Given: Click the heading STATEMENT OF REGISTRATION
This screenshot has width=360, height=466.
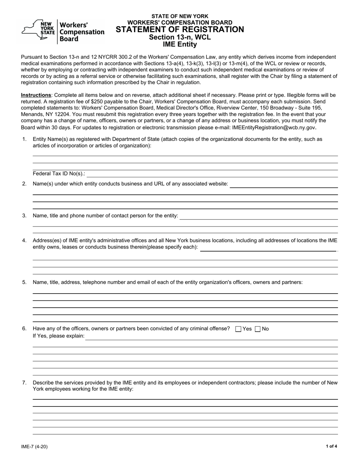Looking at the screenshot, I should pos(180,30).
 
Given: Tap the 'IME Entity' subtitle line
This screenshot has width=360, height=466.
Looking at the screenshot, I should pos(180,44).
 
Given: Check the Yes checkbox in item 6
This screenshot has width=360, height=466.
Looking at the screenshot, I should pos(238,329).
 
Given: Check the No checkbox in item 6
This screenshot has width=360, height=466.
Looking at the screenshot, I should pos(258,329).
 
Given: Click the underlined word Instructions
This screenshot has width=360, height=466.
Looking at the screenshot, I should pos(36,95).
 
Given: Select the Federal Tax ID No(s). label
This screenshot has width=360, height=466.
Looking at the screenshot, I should pos(59,174).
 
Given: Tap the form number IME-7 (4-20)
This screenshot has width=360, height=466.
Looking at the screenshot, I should pos(34,446).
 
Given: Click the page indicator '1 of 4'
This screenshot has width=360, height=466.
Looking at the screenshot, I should pos(331,446).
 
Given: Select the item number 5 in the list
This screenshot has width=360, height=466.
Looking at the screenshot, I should pos(24,282).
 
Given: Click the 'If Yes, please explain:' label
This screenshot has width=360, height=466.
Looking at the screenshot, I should pos(59,336).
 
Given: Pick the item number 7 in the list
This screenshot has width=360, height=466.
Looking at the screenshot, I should pos(24,383).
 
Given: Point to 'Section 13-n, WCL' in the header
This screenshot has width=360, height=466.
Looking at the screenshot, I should pos(180,37).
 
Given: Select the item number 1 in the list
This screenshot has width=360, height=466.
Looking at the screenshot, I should pos(24,139).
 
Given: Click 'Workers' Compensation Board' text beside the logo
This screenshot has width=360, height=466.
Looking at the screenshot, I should pos(82,31).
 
